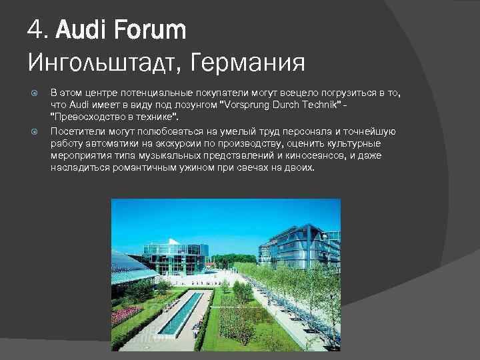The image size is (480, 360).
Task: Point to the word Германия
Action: point(247,63)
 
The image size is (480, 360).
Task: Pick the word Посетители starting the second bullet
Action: point(74,131)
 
